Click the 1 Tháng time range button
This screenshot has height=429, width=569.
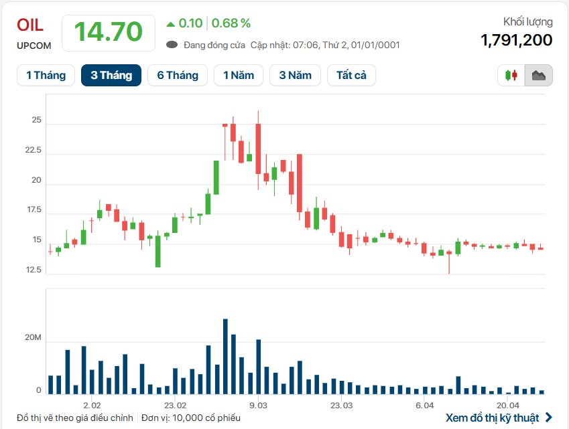tap(46, 75)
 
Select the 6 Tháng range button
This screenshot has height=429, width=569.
tap(178, 75)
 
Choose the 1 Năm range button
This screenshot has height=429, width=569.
tap(239, 75)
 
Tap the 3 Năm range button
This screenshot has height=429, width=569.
tap(296, 75)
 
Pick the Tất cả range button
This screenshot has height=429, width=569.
tap(351, 75)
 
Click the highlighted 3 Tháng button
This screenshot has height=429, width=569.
tap(111, 75)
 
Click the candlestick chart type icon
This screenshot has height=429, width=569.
tap(511, 76)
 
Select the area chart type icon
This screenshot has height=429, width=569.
tap(538, 76)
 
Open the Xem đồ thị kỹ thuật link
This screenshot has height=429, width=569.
tap(499, 418)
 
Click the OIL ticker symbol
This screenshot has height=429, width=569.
tap(30, 25)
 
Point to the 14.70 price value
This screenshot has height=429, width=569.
tap(108, 32)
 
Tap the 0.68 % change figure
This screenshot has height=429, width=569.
tap(231, 23)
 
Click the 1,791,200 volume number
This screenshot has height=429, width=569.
tap(516, 40)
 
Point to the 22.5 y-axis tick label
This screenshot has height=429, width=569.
tap(32, 151)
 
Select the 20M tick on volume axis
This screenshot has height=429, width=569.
tap(34, 338)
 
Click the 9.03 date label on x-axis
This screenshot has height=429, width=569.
tap(258, 406)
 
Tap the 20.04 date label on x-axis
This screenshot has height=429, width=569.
tap(508, 406)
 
